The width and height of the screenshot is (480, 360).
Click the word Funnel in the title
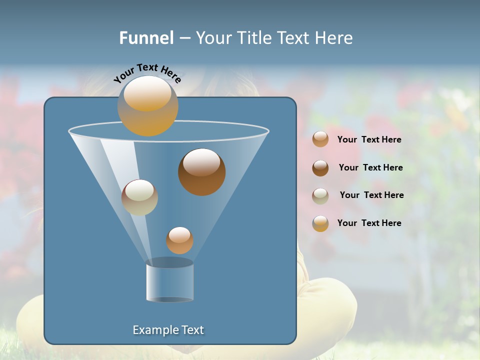point(146,38)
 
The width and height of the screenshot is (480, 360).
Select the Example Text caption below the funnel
point(168,330)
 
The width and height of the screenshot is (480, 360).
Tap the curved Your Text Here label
point(147,73)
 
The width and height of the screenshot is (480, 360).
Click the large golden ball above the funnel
point(148,106)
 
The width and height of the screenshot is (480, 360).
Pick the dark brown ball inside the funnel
point(202,172)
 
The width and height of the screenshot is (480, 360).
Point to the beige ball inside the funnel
point(139,197)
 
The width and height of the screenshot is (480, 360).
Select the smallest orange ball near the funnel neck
point(179,240)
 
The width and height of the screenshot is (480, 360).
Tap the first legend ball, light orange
point(320,139)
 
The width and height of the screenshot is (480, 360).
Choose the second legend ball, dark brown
point(320,167)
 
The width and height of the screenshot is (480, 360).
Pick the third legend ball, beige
point(320,195)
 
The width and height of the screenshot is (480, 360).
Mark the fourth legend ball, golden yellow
point(320,223)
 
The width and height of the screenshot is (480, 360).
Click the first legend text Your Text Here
point(369,139)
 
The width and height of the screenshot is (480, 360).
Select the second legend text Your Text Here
point(370,167)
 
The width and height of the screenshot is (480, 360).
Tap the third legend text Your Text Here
point(371,195)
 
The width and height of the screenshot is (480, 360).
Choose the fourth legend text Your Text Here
point(369,223)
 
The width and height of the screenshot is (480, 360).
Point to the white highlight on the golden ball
point(147,93)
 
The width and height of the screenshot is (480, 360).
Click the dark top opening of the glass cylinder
point(169,262)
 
